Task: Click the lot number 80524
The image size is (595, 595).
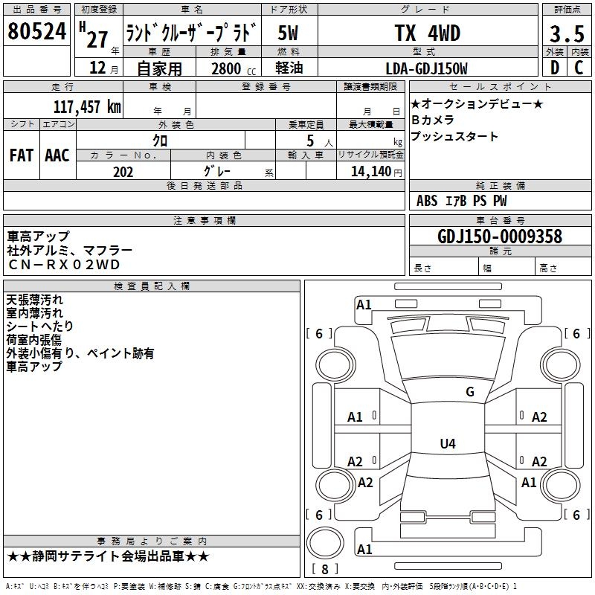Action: (37, 32)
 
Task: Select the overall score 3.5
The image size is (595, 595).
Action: (566, 34)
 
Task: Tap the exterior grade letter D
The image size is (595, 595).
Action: (553, 68)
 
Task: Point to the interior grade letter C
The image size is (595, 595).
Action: (579, 68)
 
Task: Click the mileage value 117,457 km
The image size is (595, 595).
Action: (88, 106)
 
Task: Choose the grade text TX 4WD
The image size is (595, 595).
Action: (427, 33)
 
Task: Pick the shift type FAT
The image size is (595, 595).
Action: (21, 155)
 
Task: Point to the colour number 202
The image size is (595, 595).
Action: (123, 172)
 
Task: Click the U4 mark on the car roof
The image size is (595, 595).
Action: (447, 444)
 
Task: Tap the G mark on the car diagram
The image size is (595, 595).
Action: (469, 392)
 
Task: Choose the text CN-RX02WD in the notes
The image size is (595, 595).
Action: (63, 265)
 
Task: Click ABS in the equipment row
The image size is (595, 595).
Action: (427, 201)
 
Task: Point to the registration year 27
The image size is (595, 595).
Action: (97, 37)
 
